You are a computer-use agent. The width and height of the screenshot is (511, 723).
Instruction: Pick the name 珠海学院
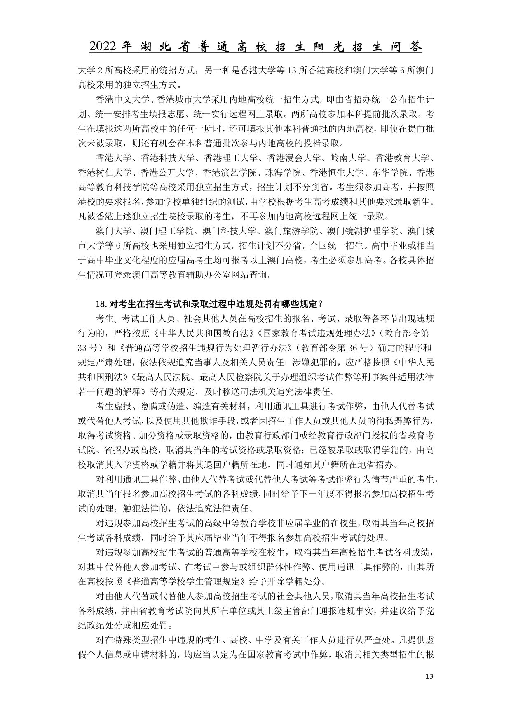click(x=283, y=172)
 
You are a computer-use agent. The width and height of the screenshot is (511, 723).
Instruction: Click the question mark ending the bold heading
click(x=320, y=304)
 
